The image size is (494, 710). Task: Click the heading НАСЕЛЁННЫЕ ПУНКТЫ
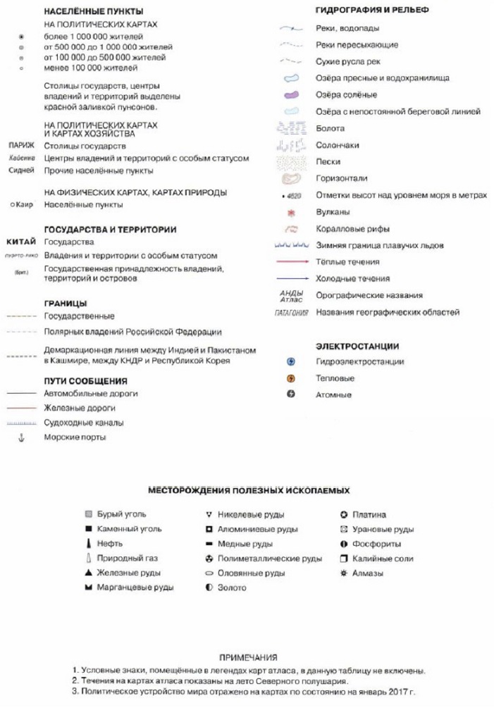click(x=93, y=12)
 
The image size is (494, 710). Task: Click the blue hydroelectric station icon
click(x=290, y=361)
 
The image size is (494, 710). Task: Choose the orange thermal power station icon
click(x=290, y=378)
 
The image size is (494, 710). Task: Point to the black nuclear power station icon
click(x=290, y=394)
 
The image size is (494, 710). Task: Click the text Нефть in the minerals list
click(x=110, y=544)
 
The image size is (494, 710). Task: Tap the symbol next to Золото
click(x=209, y=588)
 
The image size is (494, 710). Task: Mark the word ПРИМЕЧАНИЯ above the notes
click(x=249, y=656)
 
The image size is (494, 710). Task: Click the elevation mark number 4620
click(x=295, y=196)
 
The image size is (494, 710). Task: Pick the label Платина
click(x=369, y=515)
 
